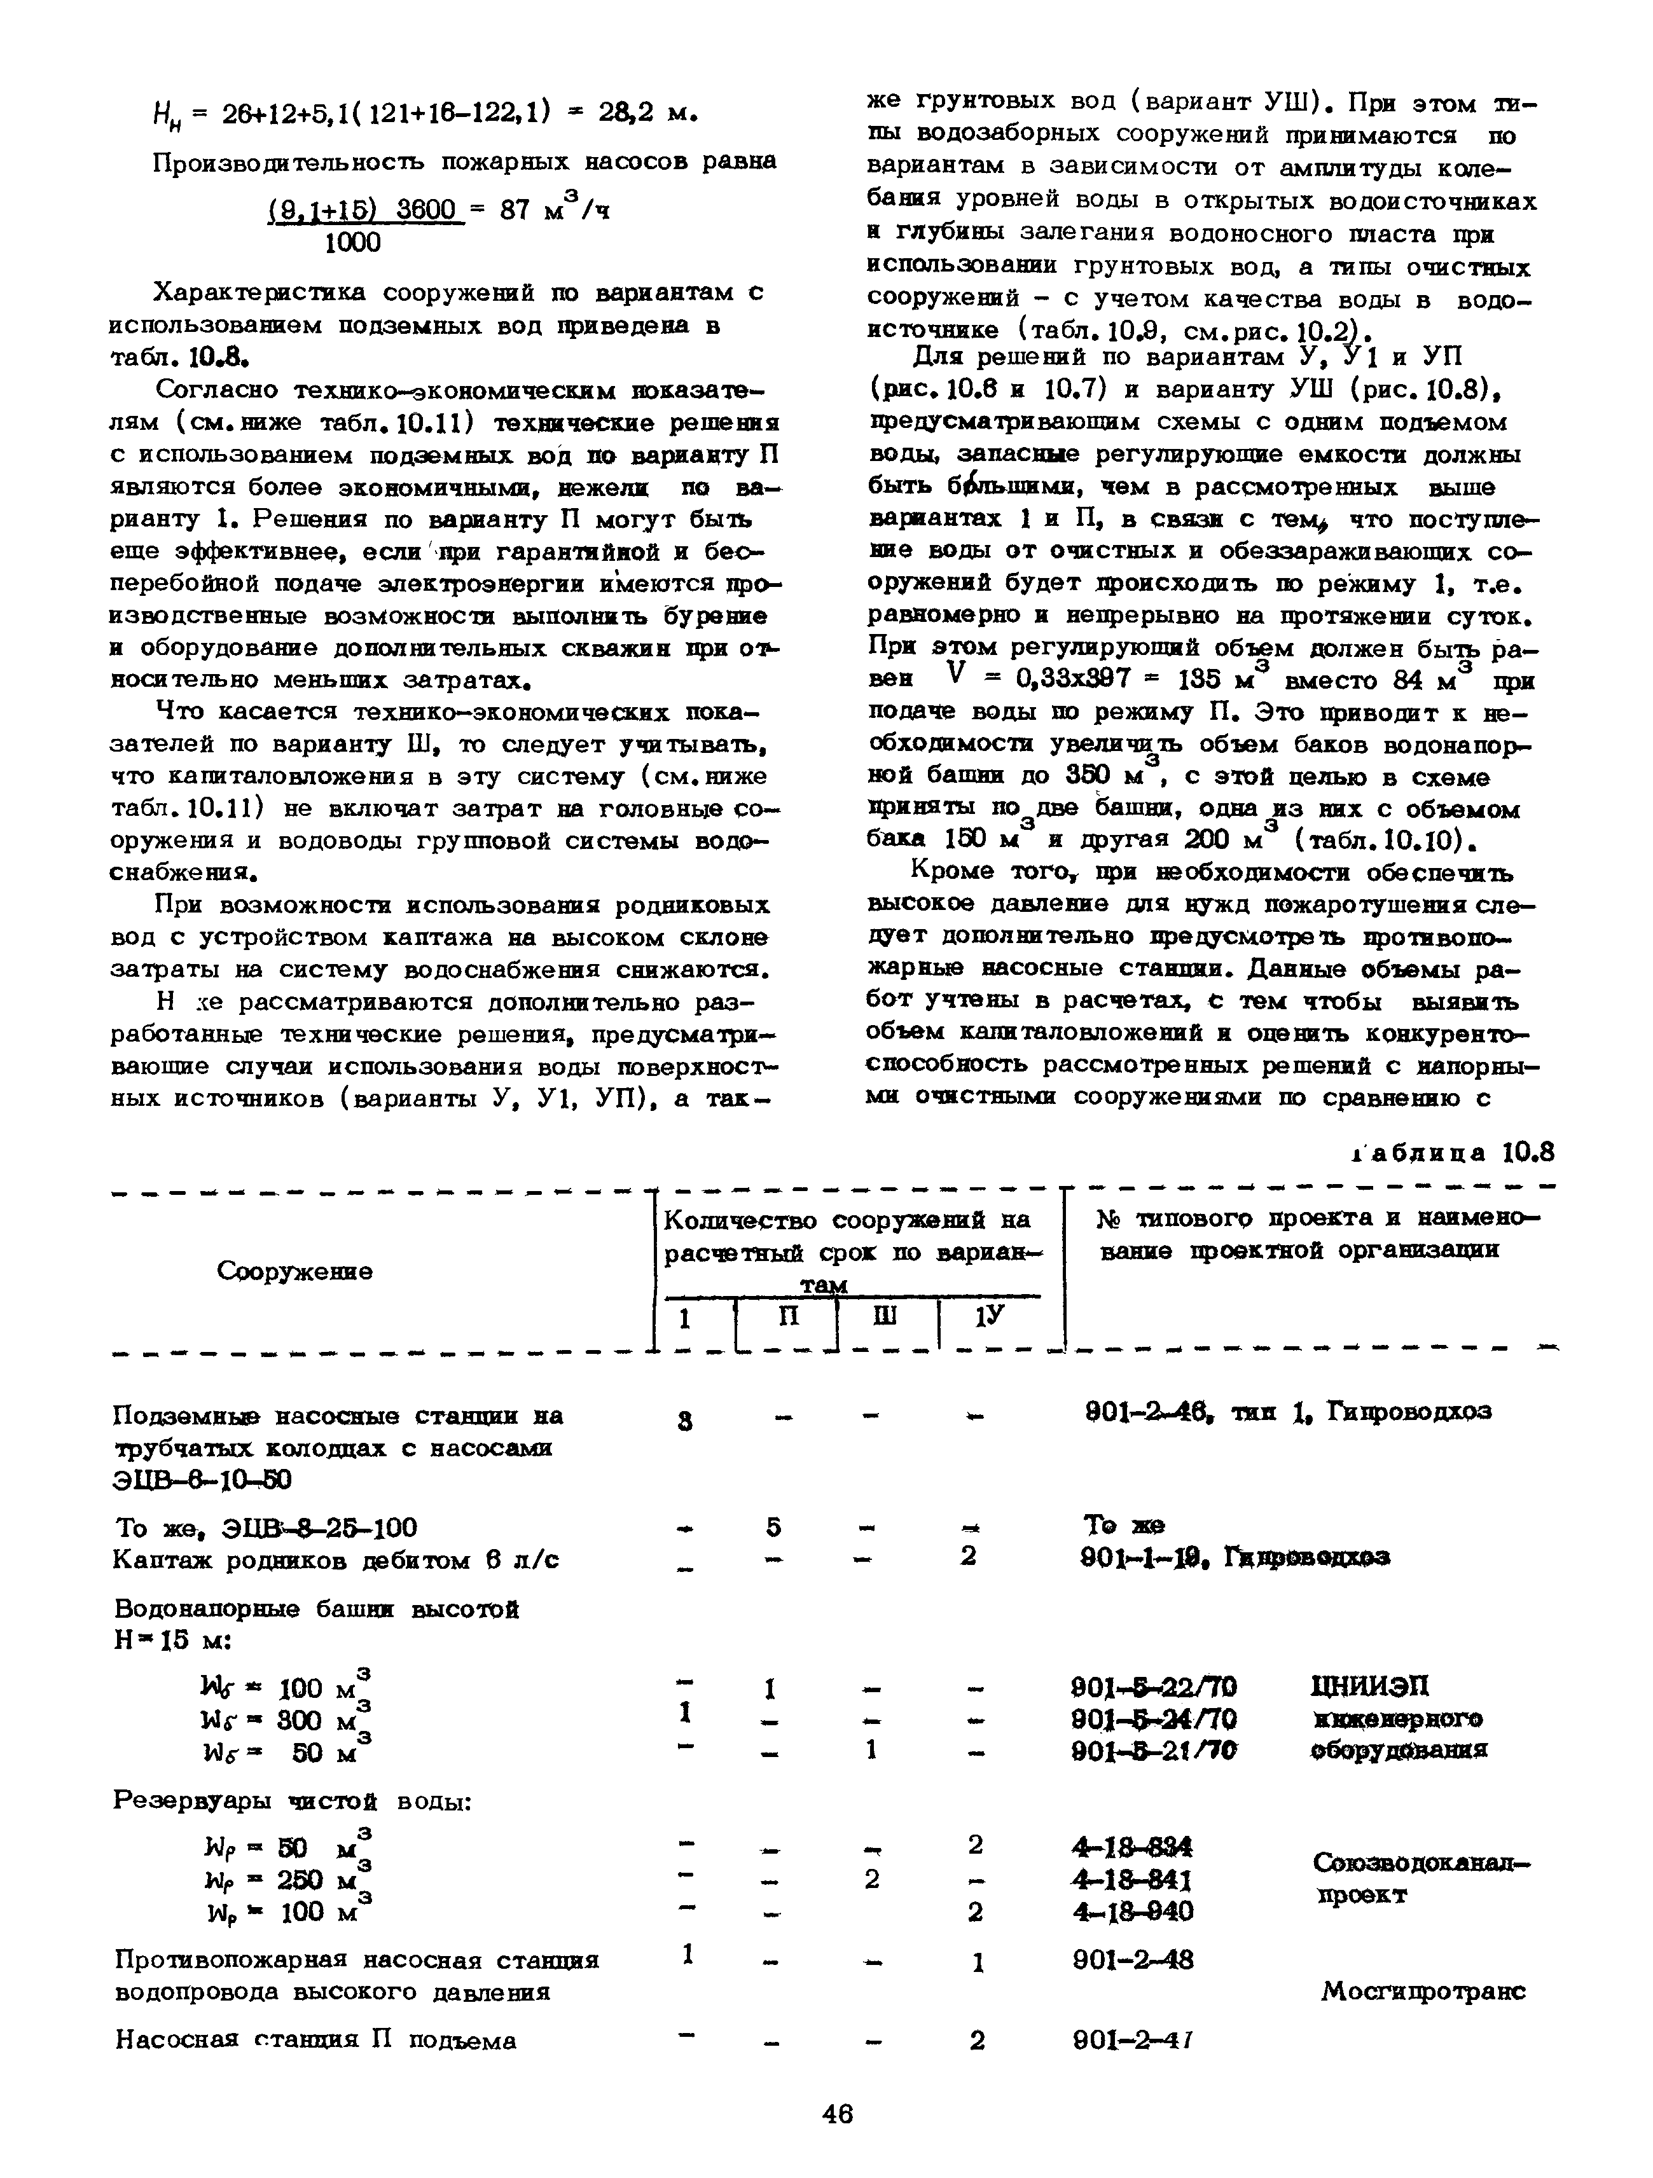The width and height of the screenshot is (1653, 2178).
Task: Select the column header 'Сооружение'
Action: tap(294, 1271)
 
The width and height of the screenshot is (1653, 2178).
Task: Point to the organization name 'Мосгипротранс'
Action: tap(1423, 1991)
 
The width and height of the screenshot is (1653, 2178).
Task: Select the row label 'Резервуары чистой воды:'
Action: tap(293, 1801)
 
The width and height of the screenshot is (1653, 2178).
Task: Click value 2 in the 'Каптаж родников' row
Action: tap(969, 1557)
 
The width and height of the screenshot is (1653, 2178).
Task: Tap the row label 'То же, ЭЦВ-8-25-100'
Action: tap(266, 1528)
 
